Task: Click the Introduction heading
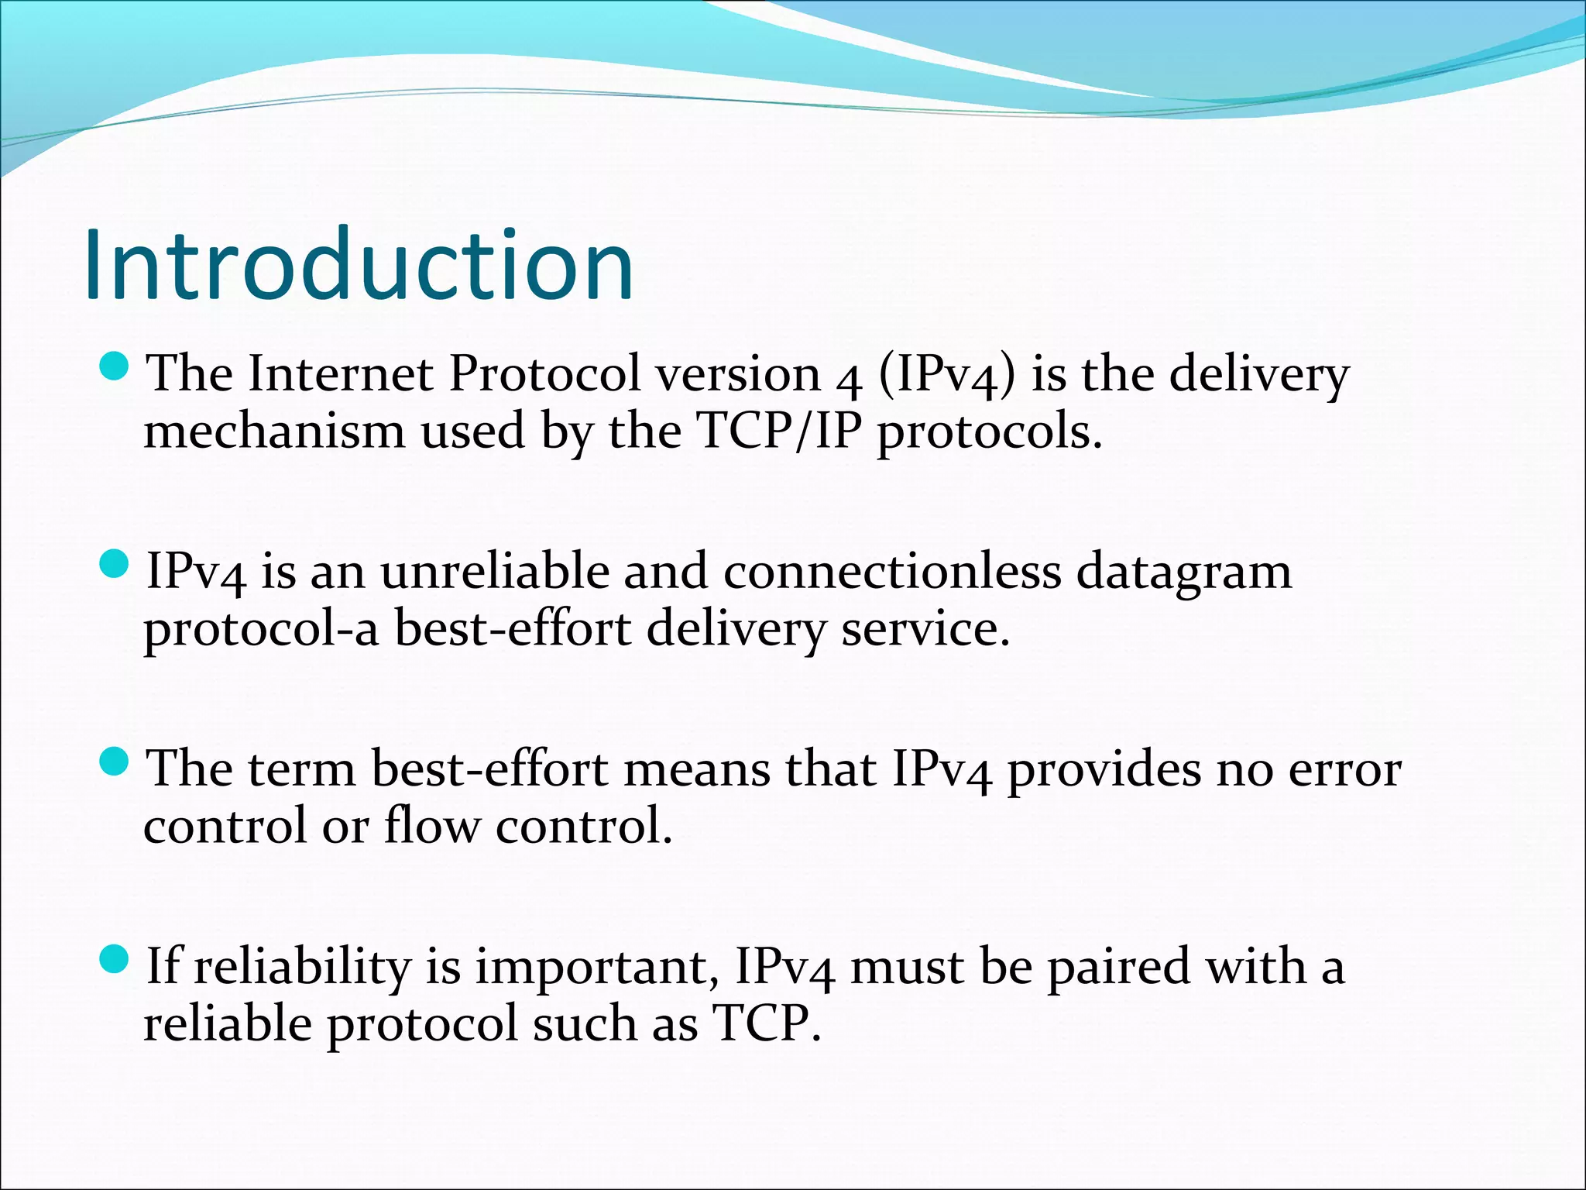click(x=359, y=265)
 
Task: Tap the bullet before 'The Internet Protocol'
click(x=114, y=366)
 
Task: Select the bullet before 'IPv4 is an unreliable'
click(x=114, y=564)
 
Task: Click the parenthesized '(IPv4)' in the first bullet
click(x=946, y=375)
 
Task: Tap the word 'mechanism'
click(x=274, y=431)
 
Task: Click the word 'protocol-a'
click(x=261, y=629)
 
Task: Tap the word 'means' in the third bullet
click(x=697, y=769)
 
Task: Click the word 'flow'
click(x=432, y=825)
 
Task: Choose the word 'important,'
click(x=597, y=968)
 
